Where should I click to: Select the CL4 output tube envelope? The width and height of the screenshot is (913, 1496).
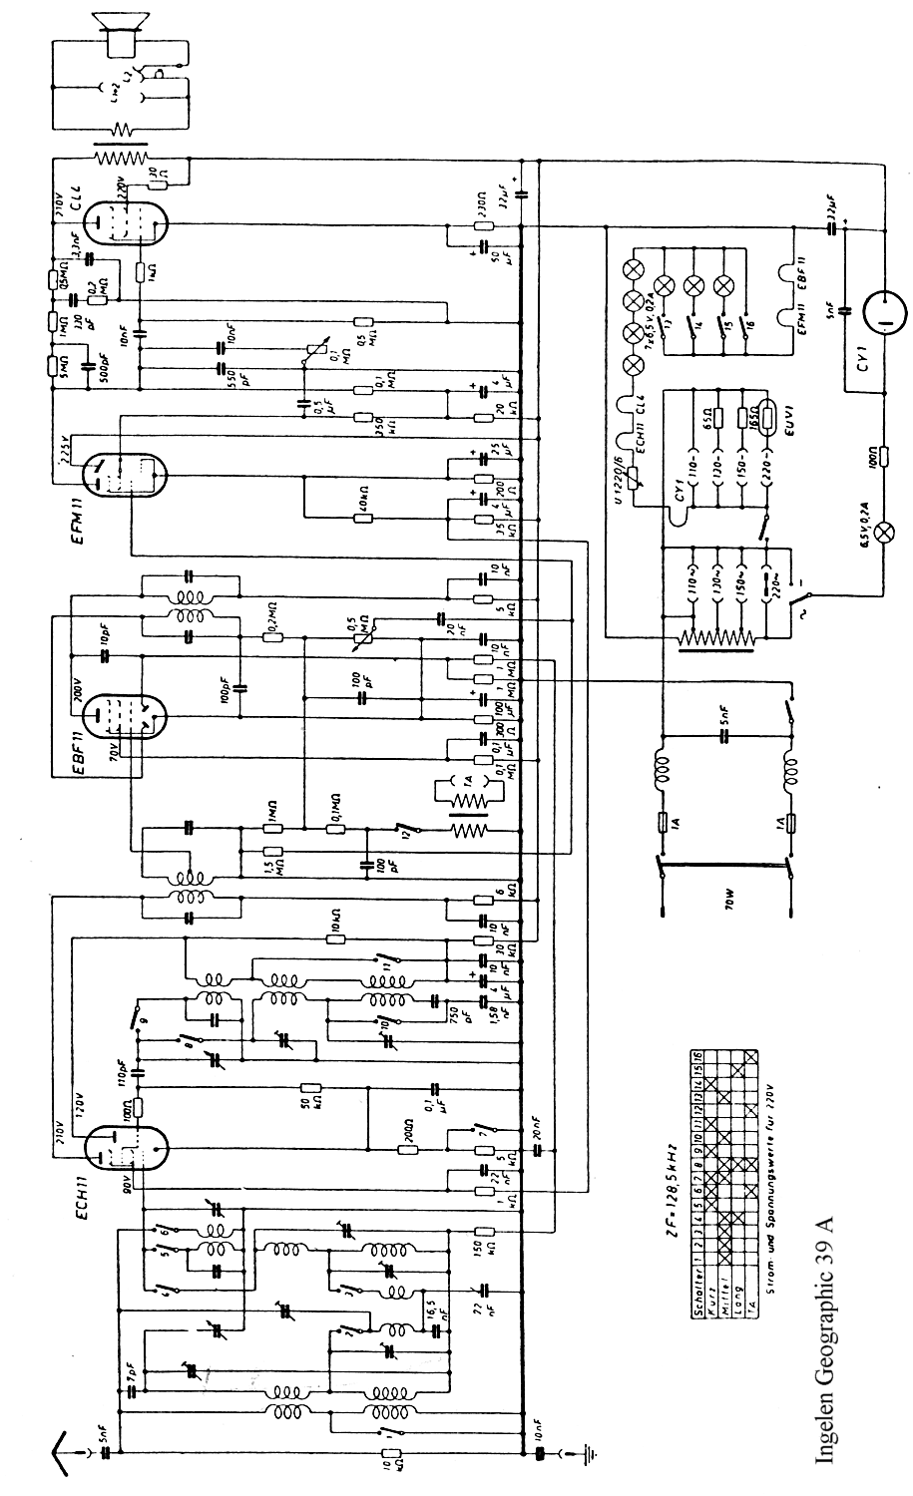125,218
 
